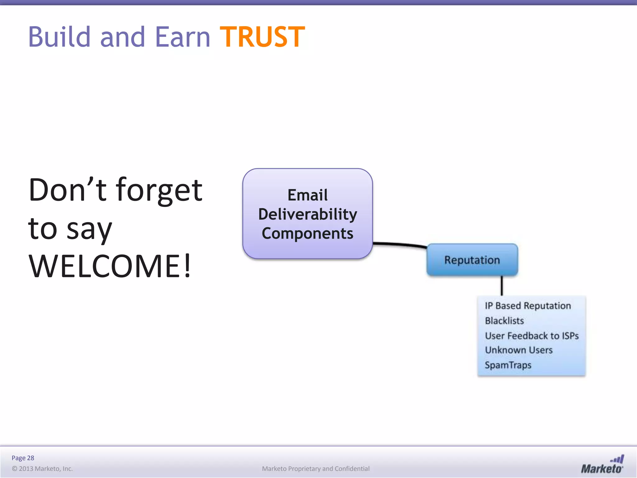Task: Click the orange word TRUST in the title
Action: coord(262,37)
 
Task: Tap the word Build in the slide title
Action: coord(59,37)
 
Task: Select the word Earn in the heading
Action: coord(183,37)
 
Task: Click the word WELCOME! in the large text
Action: coord(109,266)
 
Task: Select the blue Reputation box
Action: coord(472,260)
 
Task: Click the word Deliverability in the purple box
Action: coord(308,214)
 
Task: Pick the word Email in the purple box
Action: coord(308,195)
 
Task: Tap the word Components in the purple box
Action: coord(308,233)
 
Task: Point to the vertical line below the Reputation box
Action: coord(502,286)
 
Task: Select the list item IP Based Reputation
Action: coord(528,306)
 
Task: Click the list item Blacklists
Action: coord(504,321)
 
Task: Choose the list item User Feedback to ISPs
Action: coord(532,336)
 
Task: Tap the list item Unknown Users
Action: coord(518,350)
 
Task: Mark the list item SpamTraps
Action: coord(508,365)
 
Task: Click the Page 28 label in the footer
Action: coord(23,458)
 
